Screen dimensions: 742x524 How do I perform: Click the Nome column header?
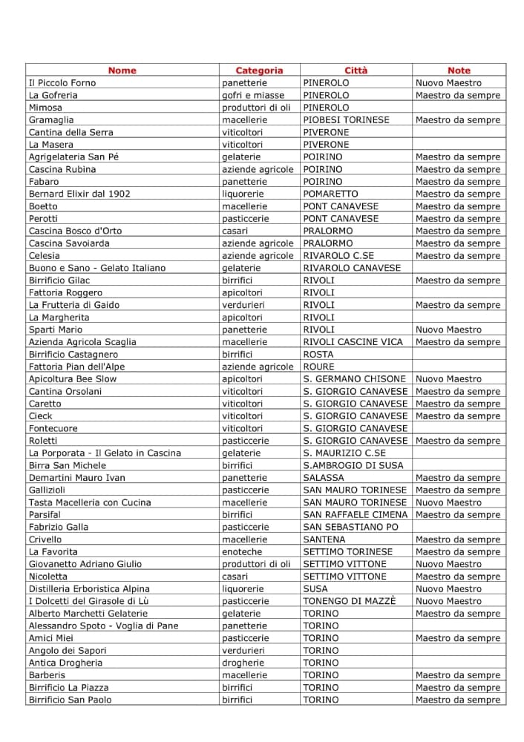point(122,70)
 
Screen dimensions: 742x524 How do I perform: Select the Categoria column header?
point(259,70)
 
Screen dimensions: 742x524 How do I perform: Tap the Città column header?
point(356,70)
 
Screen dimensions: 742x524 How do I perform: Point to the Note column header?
point(459,70)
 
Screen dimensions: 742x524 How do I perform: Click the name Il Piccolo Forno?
point(62,83)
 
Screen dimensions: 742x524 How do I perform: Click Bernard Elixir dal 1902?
point(79,194)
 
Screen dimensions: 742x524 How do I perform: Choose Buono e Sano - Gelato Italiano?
point(97,268)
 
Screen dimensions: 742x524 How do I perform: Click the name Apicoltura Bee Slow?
point(73,379)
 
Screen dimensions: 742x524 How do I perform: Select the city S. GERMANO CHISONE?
point(355,379)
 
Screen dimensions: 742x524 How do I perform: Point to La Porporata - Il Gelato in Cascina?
point(105,453)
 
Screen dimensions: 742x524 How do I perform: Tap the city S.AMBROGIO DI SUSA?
point(353,465)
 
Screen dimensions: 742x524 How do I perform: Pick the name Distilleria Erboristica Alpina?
point(89,588)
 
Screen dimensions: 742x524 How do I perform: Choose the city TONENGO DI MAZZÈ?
point(350,601)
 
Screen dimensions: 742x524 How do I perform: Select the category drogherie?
point(243,663)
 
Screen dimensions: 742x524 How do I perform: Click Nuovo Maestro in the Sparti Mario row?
point(448,329)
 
